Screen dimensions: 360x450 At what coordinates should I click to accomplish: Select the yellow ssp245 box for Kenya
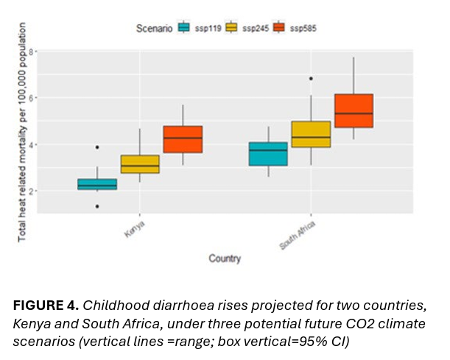140,164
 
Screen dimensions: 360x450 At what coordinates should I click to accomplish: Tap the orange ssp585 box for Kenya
183,139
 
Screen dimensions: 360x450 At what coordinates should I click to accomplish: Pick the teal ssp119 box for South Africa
268,154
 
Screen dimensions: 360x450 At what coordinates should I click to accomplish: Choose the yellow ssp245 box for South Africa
311,134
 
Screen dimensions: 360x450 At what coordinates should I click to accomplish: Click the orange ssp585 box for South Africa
354,110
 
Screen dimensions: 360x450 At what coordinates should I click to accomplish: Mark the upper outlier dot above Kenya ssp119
98,147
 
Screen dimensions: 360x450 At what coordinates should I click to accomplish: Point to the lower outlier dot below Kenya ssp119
98,206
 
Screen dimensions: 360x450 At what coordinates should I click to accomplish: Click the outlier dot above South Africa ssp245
311,78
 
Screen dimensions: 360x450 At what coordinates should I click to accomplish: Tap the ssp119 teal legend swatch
184,28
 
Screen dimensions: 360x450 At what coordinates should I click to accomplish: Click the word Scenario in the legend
154,28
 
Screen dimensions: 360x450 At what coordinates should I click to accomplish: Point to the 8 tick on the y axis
32,52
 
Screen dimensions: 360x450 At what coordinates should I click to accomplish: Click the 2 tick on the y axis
32,191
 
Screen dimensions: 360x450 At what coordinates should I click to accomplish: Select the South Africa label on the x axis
298,233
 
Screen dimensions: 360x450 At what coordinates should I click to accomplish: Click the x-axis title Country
224,258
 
